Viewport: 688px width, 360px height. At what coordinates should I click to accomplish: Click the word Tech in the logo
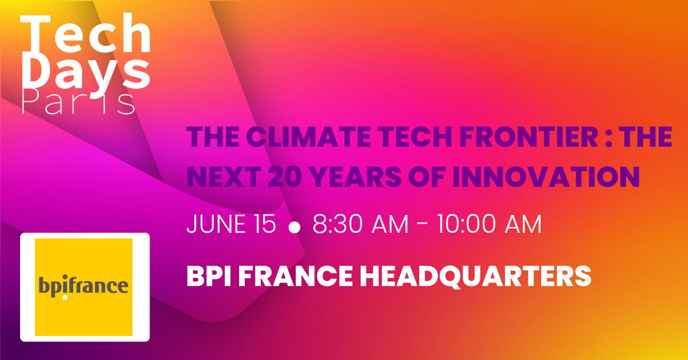(x=85, y=33)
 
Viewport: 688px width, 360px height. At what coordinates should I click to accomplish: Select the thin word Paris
(x=79, y=102)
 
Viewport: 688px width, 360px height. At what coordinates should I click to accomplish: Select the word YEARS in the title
(x=355, y=177)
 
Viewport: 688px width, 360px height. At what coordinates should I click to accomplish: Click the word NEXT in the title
(x=224, y=177)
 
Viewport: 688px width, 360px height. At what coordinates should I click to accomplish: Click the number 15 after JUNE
(x=265, y=224)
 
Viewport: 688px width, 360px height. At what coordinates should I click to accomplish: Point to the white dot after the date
(x=295, y=228)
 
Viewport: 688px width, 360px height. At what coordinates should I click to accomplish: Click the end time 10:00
(x=466, y=224)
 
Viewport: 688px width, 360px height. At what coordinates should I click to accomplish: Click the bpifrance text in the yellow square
(x=83, y=286)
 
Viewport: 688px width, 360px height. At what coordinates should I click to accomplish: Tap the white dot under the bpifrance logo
(x=65, y=298)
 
